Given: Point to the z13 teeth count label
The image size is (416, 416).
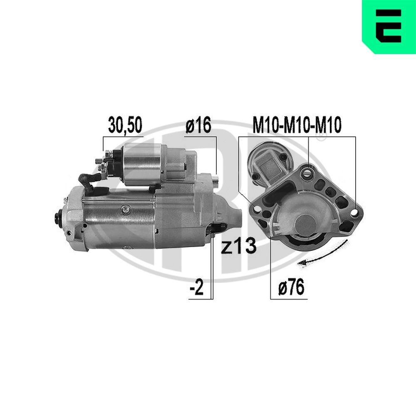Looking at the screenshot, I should [238, 248].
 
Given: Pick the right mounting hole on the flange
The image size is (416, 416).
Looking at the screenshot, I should [354, 212].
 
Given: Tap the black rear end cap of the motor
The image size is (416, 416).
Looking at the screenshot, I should [58, 216].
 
